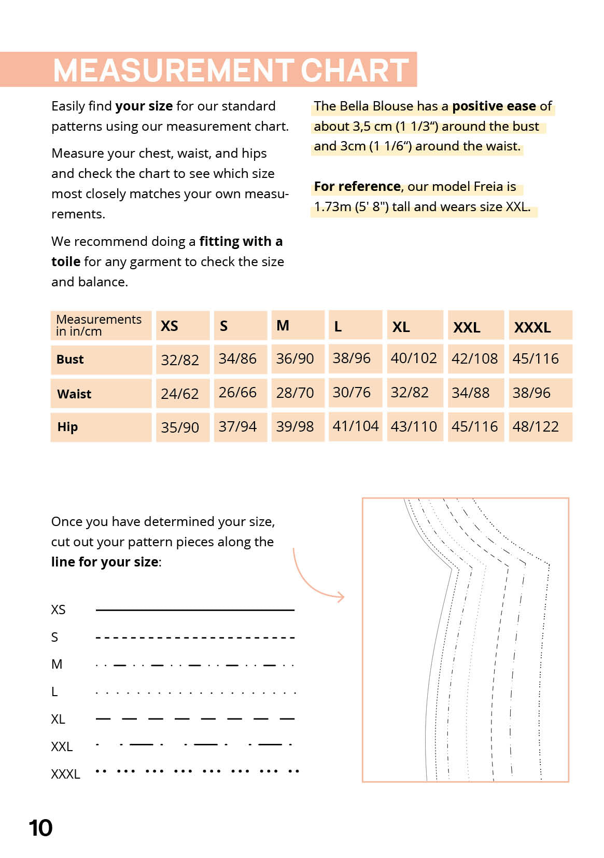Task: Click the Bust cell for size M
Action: pyautogui.click(x=295, y=358)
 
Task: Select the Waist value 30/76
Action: pyautogui.click(x=352, y=392)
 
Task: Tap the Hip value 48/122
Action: pyautogui.click(x=536, y=426)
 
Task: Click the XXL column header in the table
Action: pyautogui.click(x=467, y=327)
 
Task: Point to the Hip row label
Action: pyautogui.click(x=68, y=427)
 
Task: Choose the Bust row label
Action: pyautogui.click(x=70, y=359)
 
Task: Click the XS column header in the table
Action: pyautogui.click(x=170, y=326)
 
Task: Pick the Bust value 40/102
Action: pyautogui.click(x=414, y=358)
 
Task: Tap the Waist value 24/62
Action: pyautogui.click(x=179, y=394)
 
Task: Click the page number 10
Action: pyautogui.click(x=40, y=828)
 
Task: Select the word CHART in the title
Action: pyautogui.click(x=355, y=70)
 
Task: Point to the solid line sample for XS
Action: pyautogui.click(x=195, y=610)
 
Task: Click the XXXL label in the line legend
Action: pyautogui.click(x=65, y=774)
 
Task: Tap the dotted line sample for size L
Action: pyautogui.click(x=195, y=693)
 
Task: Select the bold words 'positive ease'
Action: pyautogui.click(x=494, y=106)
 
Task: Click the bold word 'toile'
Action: pyautogui.click(x=66, y=261)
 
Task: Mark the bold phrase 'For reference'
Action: pyautogui.click(x=357, y=186)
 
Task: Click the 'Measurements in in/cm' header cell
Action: pyautogui.click(x=99, y=325)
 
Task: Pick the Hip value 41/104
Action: pyautogui.click(x=356, y=426)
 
